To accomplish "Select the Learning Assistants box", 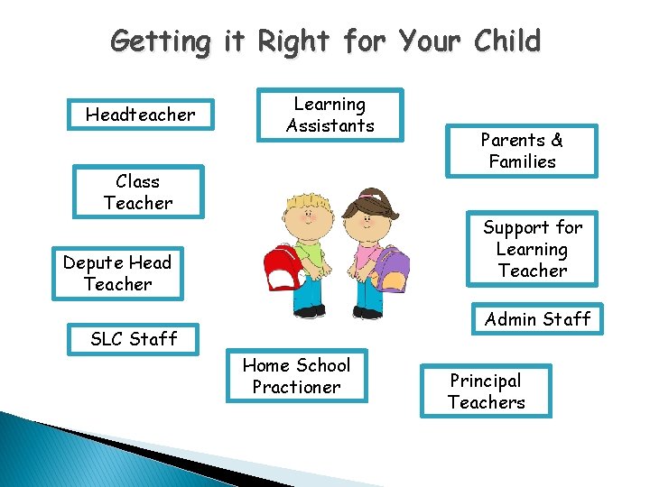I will click(x=330, y=115).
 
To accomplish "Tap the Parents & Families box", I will click(x=522, y=151).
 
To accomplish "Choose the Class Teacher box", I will click(x=138, y=192).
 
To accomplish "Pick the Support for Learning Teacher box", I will click(x=533, y=249).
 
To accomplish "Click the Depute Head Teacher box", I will click(x=117, y=273).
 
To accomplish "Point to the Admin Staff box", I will click(x=537, y=319).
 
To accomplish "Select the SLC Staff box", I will click(x=134, y=339).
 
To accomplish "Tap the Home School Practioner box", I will click(x=296, y=376).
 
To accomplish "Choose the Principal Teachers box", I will click(x=486, y=391).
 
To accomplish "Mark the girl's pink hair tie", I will click(x=365, y=193).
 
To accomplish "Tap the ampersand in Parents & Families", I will click(x=556, y=140).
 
